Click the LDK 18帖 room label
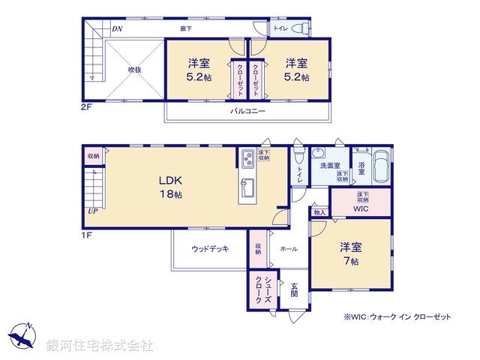(170, 187)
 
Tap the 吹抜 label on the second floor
(134, 70)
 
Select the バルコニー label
(247, 111)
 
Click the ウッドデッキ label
(210, 249)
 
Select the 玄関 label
(294, 289)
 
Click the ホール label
(288, 249)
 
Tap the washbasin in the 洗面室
(319, 150)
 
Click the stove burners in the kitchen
(247, 158)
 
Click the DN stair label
(117, 29)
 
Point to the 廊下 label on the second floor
(186, 29)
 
